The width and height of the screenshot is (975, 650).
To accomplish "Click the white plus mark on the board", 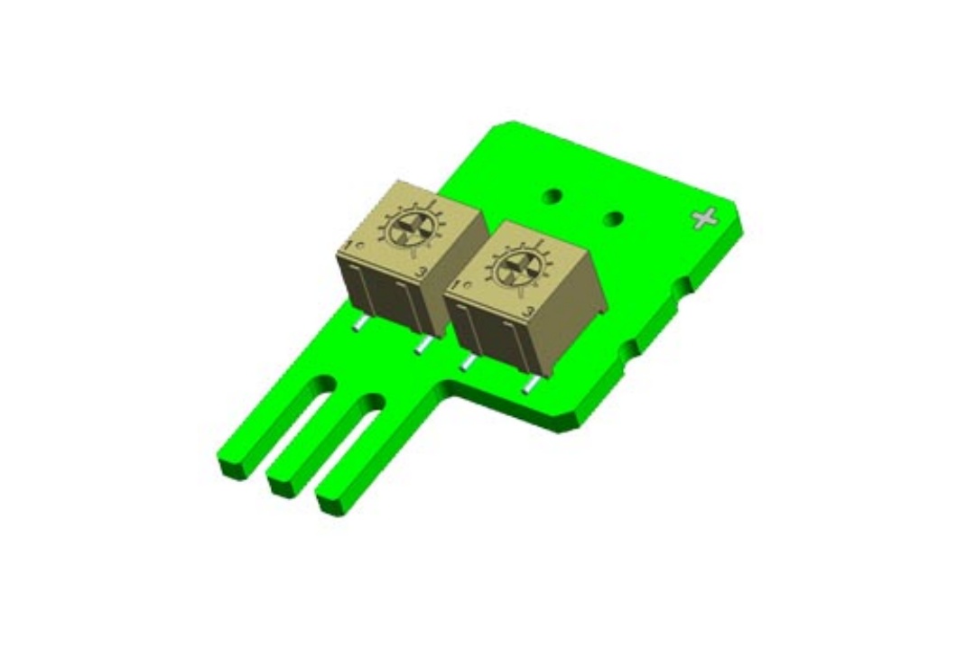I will (703, 218).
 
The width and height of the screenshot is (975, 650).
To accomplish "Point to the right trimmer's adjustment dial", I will (517, 268).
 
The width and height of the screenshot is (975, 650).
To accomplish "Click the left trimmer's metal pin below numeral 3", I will (421, 347).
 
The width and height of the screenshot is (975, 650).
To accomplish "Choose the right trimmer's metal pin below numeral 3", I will (531, 386).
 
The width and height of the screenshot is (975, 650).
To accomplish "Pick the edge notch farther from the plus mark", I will (631, 347).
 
